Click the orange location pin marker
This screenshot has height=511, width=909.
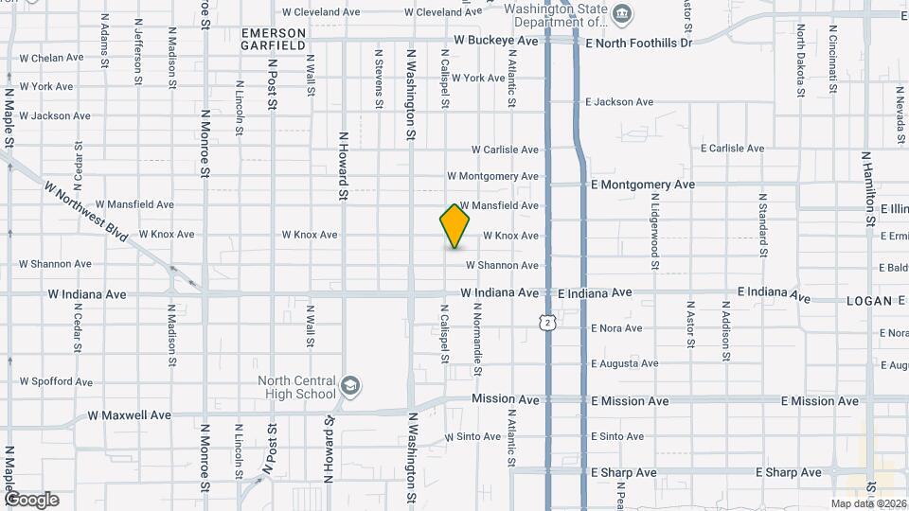(x=455, y=226)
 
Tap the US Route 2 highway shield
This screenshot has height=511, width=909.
(x=548, y=323)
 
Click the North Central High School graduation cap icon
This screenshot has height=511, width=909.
(x=349, y=385)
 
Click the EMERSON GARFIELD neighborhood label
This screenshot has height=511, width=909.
(x=273, y=39)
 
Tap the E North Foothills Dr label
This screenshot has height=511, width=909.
(x=639, y=43)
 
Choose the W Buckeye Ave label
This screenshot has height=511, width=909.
(x=496, y=42)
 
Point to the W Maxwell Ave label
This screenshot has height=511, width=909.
(x=129, y=414)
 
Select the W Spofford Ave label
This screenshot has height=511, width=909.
(x=56, y=382)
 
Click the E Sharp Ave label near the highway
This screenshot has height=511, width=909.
(x=623, y=472)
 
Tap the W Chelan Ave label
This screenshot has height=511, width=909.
(x=52, y=58)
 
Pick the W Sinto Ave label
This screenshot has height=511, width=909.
(x=472, y=437)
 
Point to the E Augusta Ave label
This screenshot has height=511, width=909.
(x=624, y=363)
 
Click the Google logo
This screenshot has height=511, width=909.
(x=31, y=500)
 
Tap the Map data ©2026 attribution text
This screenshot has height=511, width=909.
(x=868, y=503)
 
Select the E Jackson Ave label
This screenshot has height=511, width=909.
(x=619, y=102)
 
